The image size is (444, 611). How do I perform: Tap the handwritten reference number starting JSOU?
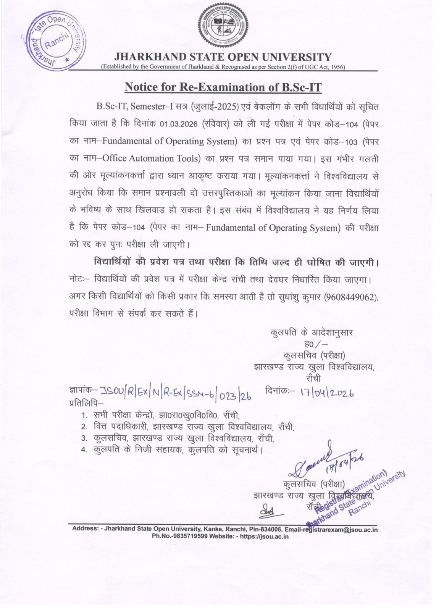176,393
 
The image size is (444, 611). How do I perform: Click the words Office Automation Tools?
154,158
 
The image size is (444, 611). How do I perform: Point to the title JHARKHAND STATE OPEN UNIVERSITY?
223,57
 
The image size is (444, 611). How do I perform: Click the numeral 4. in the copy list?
85,449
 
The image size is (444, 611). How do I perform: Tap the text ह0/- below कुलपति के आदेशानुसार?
314,344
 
